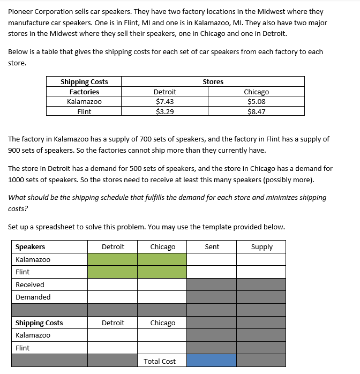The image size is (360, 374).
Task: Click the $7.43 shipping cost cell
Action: [164, 101]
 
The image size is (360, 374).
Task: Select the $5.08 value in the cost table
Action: [256, 101]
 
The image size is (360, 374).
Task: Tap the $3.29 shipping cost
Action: [164, 111]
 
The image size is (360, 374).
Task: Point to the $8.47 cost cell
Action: [256, 111]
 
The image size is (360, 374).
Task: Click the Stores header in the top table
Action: [213, 81]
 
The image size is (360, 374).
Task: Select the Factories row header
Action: [84, 92]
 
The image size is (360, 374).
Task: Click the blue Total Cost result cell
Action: [212, 361]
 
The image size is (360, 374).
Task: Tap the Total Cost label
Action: [160, 361]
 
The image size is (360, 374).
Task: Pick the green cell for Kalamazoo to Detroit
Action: [112, 259]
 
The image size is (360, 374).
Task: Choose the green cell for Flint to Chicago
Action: [162, 272]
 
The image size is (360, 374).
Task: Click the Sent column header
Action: [212, 246]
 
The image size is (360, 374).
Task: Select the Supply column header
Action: [261, 246]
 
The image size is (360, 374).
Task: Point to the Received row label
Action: [30, 285]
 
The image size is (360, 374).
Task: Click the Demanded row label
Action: [33, 297]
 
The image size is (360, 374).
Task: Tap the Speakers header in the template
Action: [31, 246]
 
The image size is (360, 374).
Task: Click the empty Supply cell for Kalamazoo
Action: [261, 259]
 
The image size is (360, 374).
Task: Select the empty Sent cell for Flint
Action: [212, 272]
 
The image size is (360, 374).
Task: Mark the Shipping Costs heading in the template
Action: [39, 323]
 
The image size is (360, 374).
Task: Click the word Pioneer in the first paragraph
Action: [21, 11]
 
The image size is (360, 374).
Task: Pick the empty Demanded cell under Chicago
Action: [162, 297]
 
